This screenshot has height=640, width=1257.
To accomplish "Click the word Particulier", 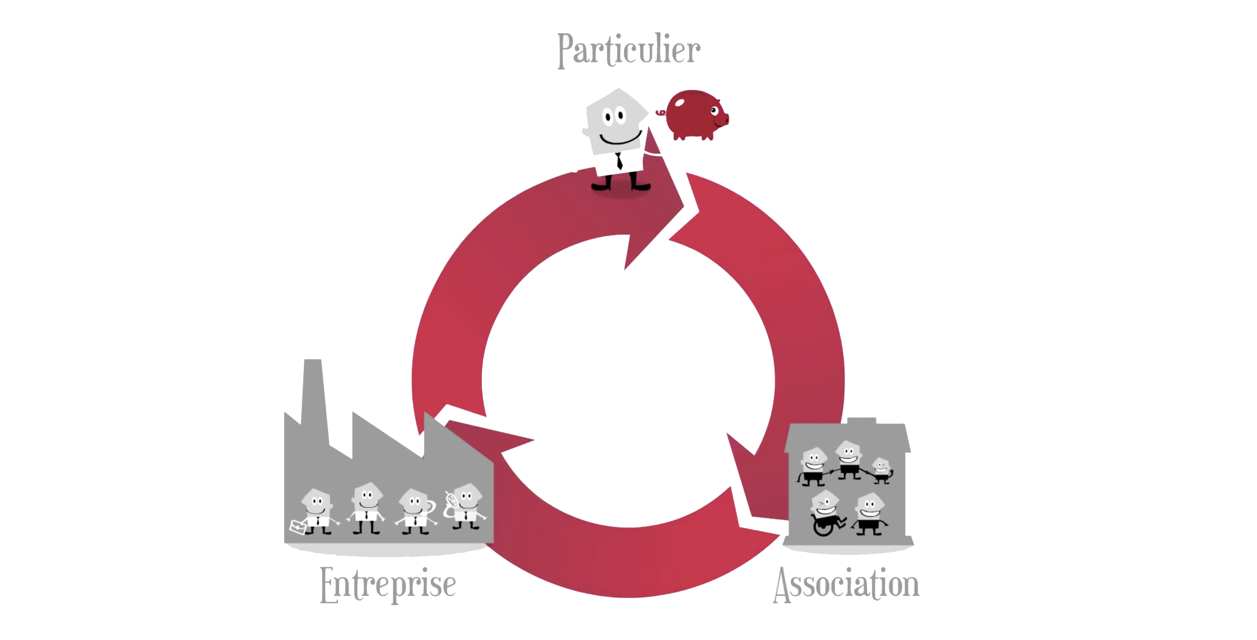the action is (628, 50).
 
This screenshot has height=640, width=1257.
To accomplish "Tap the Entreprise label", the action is (388, 585).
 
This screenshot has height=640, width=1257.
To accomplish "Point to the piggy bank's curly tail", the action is (661, 113).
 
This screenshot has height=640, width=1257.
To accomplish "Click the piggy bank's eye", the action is (714, 111).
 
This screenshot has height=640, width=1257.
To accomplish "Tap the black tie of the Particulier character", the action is (619, 161).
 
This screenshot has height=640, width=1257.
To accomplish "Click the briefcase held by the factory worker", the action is (298, 527).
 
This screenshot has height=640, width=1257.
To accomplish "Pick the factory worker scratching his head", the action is (416, 511).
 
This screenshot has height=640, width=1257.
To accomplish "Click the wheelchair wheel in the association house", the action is (824, 526).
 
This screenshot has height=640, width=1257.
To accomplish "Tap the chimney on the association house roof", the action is (862, 421).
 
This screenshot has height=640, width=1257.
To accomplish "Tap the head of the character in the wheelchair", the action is (825, 503).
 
